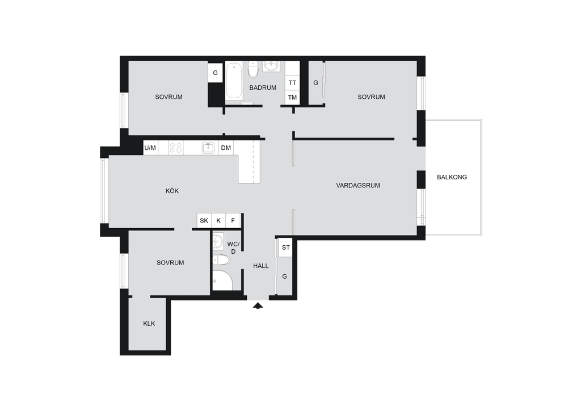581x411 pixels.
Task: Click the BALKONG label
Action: click(x=452, y=177)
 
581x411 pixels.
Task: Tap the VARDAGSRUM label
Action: click(x=358, y=185)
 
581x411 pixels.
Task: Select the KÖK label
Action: click(x=172, y=191)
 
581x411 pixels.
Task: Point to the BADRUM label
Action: click(x=263, y=88)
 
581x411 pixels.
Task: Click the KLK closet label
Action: click(x=149, y=324)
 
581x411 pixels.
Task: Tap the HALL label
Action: click(x=261, y=266)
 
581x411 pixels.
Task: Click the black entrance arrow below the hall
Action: click(x=258, y=306)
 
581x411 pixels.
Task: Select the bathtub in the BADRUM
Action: click(x=233, y=81)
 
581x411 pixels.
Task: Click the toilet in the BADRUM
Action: click(x=253, y=70)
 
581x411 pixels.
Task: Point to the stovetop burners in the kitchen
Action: click(x=176, y=148)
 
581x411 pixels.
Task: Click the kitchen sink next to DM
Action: click(x=208, y=148)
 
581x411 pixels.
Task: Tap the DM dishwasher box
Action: click(x=226, y=148)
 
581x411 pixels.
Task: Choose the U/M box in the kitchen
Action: click(x=150, y=148)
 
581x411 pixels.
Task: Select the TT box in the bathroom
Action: click(x=292, y=83)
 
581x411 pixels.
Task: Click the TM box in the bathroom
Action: click(x=292, y=98)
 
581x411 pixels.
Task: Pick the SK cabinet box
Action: click(x=204, y=220)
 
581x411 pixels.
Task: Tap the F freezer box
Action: click(x=233, y=220)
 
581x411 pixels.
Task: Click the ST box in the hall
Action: click(x=286, y=247)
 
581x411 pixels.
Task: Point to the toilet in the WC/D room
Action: click(x=221, y=260)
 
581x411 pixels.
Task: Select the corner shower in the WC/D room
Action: click(x=222, y=280)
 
